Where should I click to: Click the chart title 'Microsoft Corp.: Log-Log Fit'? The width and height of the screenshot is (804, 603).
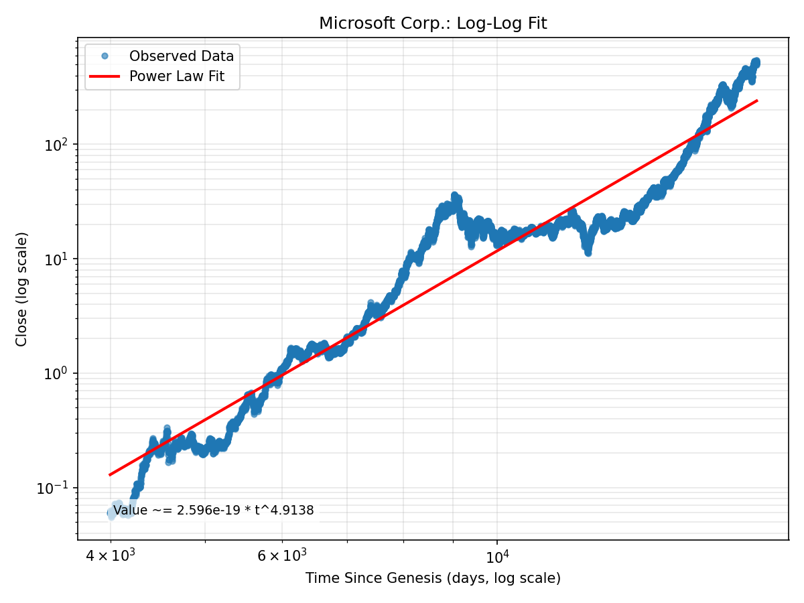click(x=433, y=23)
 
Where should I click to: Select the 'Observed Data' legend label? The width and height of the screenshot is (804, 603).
click(x=182, y=56)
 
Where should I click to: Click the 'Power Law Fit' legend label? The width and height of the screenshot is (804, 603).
click(x=176, y=77)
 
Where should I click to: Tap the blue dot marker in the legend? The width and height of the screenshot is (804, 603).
click(x=105, y=56)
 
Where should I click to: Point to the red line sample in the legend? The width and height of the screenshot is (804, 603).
click(x=105, y=77)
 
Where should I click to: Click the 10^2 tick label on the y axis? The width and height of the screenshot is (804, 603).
click(x=60, y=145)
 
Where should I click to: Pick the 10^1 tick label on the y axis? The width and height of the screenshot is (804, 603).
click(x=60, y=259)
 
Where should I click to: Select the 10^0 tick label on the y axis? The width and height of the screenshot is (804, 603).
click(x=60, y=373)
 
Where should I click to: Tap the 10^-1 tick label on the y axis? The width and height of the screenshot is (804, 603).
click(x=57, y=488)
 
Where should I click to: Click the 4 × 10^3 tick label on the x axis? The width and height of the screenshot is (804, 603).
click(x=111, y=556)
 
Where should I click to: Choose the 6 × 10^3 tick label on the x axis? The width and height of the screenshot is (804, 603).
click(x=281, y=556)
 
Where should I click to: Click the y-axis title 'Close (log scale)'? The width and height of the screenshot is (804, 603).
click(x=22, y=289)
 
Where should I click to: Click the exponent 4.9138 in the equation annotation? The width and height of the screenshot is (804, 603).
click(x=291, y=511)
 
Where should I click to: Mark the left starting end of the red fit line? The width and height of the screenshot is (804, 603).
click(x=111, y=474)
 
